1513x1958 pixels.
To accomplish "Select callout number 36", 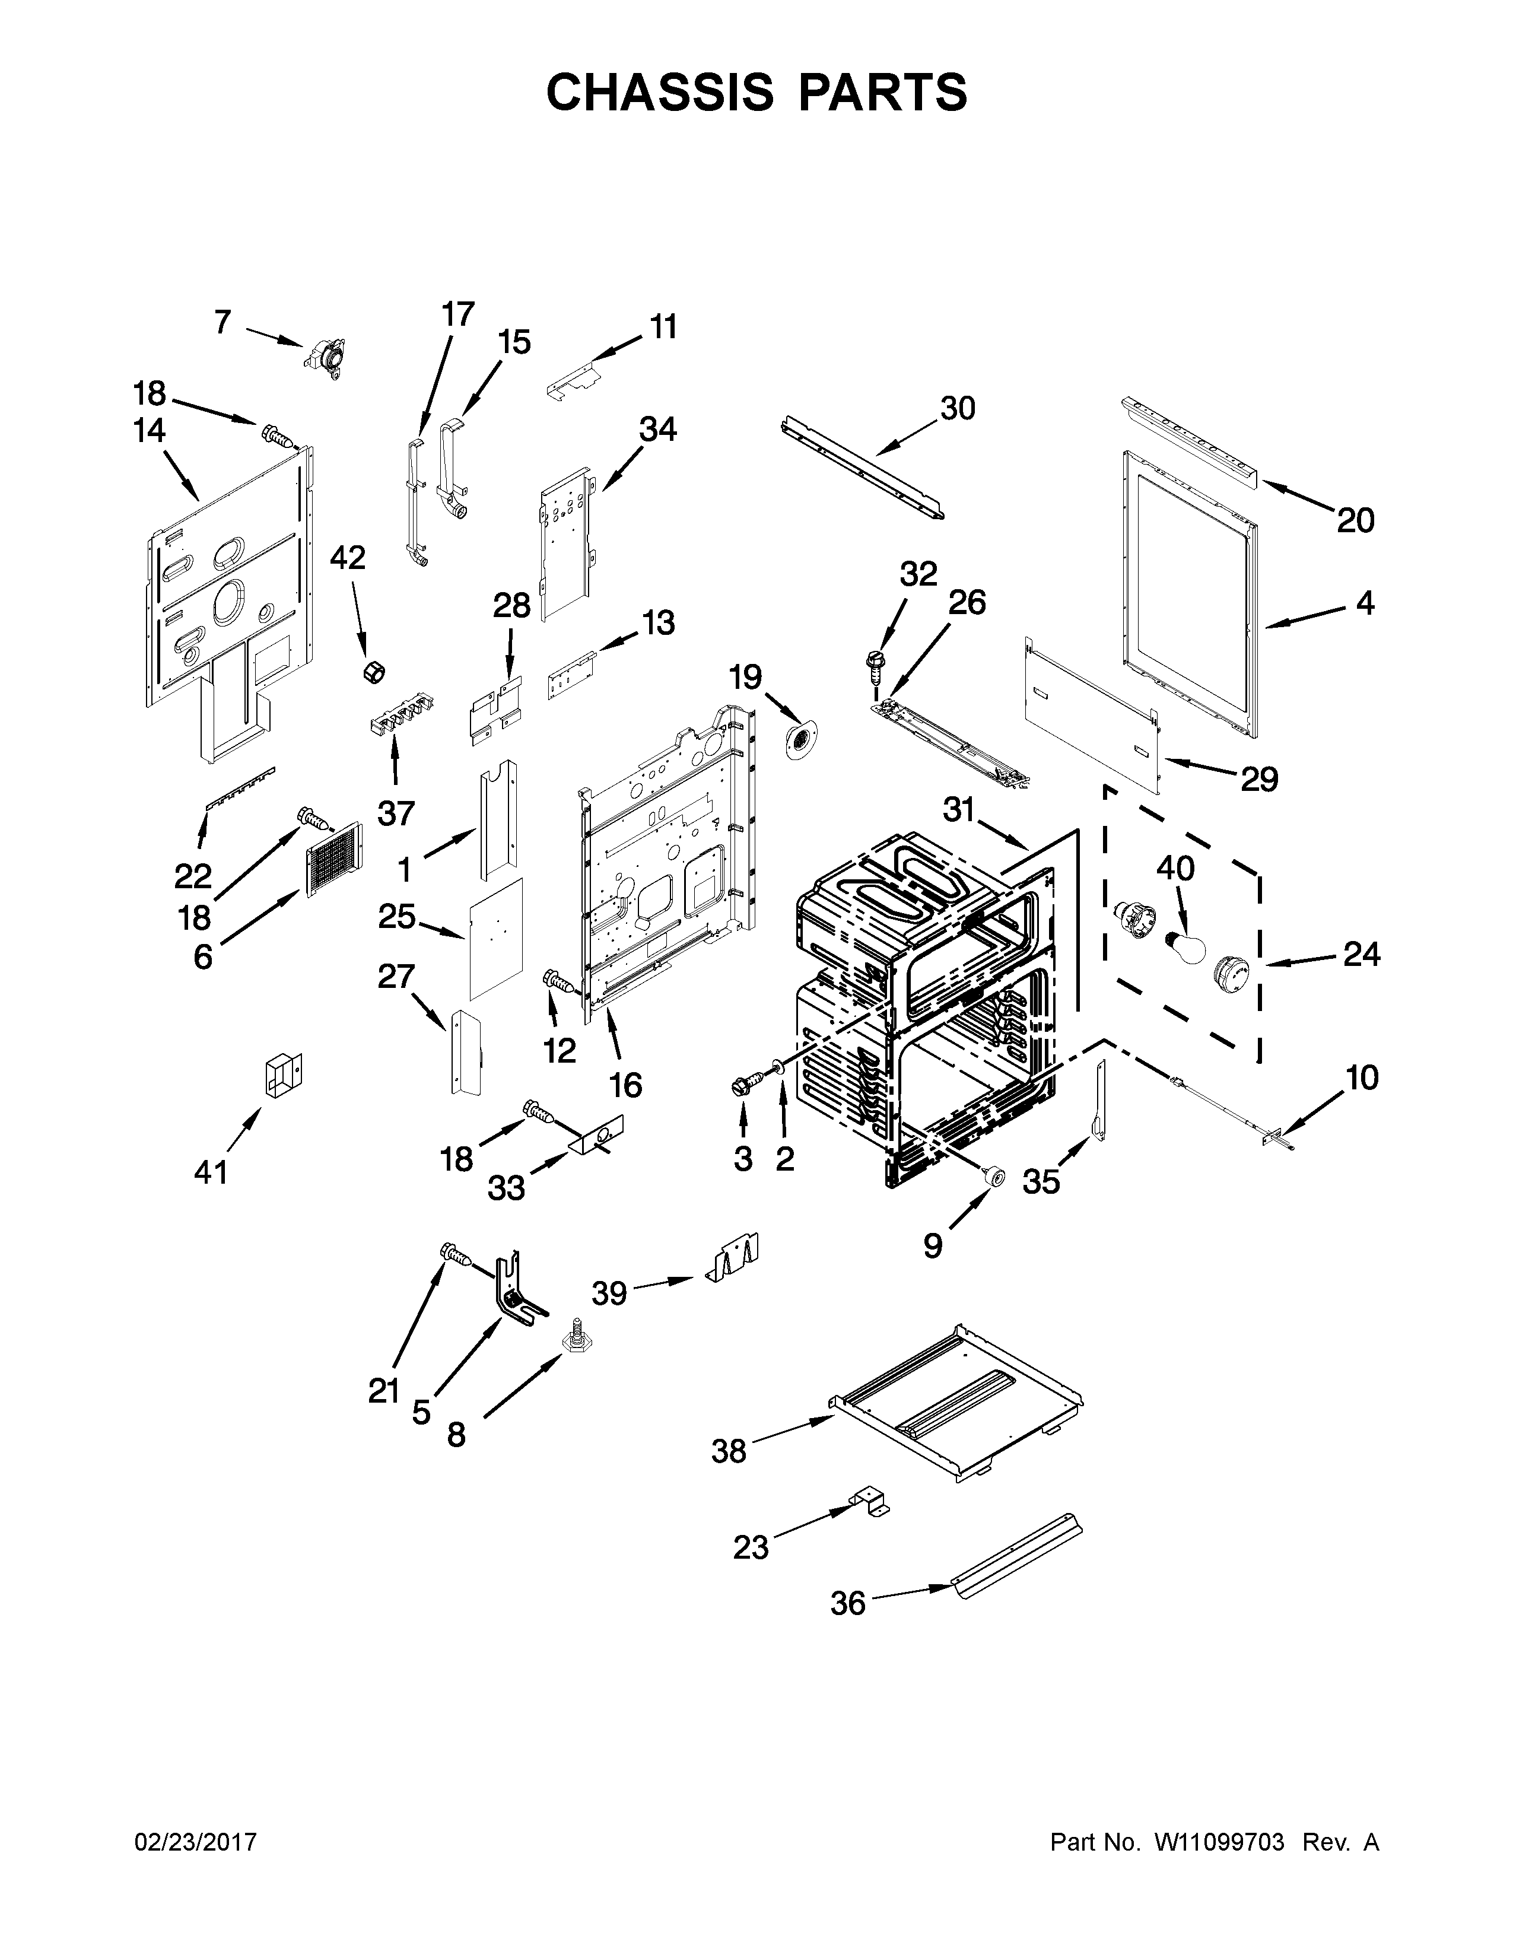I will pos(847,1603).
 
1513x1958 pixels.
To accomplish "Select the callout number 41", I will pos(212,1171).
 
